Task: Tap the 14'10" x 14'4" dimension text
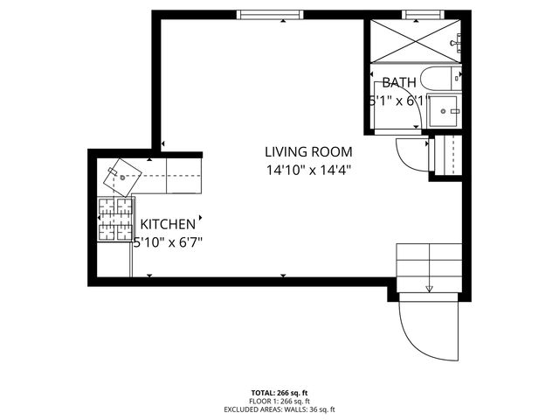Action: click(308, 171)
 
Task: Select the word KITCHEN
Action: click(168, 225)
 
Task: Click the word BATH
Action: click(398, 83)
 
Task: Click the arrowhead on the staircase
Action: click(429, 289)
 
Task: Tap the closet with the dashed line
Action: click(447, 155)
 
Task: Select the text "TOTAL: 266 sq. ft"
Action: click(279, 393)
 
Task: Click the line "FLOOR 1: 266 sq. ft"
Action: click(279, 401)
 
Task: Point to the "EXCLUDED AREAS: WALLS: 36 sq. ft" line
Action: click(279, 409)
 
